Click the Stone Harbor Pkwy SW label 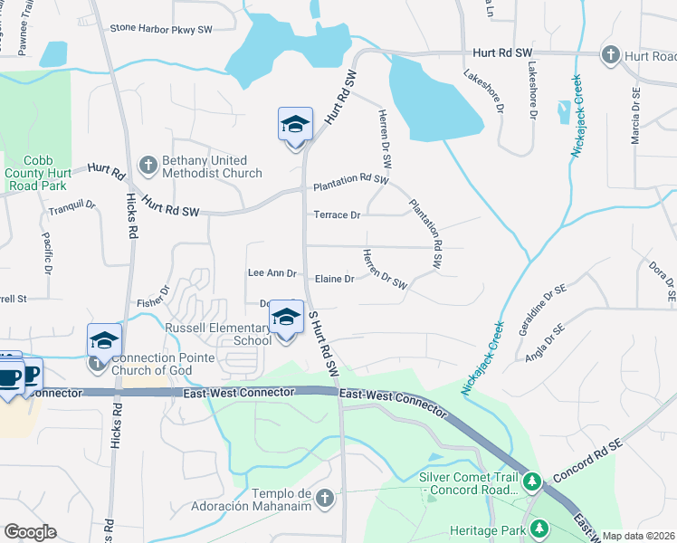click(x=161, y=29)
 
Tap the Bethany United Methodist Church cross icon click(x=148, y=165)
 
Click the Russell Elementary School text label click(x=217, y=334)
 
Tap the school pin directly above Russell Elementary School click(x=286, y=318)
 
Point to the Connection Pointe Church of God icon click(x=97, y=364)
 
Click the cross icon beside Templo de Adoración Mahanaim click(x=325, y=497)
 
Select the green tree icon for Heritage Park click(x=539, y=528)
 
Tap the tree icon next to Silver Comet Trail click(x=534, y=479)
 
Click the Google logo click(x=30, y=532)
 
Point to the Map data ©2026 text click(x=638, y=536)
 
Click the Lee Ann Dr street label click(x=272, y=273)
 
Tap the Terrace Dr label click(x=337, y=215)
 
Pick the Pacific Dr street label click(x=46, y=253)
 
